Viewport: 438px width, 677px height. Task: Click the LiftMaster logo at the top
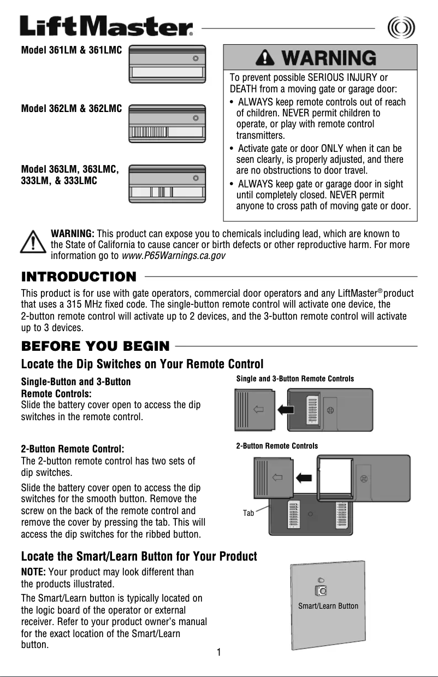(106, 26)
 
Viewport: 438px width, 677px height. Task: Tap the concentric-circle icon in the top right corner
(400, 27)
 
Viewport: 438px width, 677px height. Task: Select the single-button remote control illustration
(167, 64)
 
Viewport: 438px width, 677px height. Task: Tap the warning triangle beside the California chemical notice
(33, 242)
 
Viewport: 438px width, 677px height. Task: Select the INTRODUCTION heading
(78, 276)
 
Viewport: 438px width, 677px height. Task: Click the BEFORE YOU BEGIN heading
(95, 346)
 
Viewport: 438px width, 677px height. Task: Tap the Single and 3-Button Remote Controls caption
(295, 379)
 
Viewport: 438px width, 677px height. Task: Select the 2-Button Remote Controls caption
(277, 446)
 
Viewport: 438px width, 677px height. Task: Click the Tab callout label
(248, 513)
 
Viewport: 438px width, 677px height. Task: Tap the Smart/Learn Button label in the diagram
(328, 605)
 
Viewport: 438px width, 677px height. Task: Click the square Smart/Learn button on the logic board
(322, 591)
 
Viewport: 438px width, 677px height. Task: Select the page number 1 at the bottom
(218, 652)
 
